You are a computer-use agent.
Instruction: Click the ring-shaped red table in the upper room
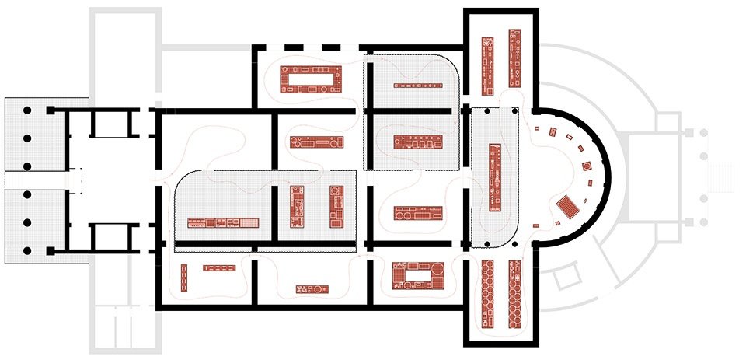[312, 80]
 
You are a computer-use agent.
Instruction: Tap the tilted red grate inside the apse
[568, 207]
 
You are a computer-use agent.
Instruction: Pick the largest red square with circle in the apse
[587, 166]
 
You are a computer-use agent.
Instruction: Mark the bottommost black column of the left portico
[26, 250]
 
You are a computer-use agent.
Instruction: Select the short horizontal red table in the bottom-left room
[220, 267]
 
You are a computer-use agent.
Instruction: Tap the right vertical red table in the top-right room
[514, 58]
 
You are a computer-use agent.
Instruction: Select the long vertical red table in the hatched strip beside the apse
[493, 178]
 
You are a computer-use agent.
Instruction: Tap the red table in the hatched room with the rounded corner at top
[416, 143]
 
